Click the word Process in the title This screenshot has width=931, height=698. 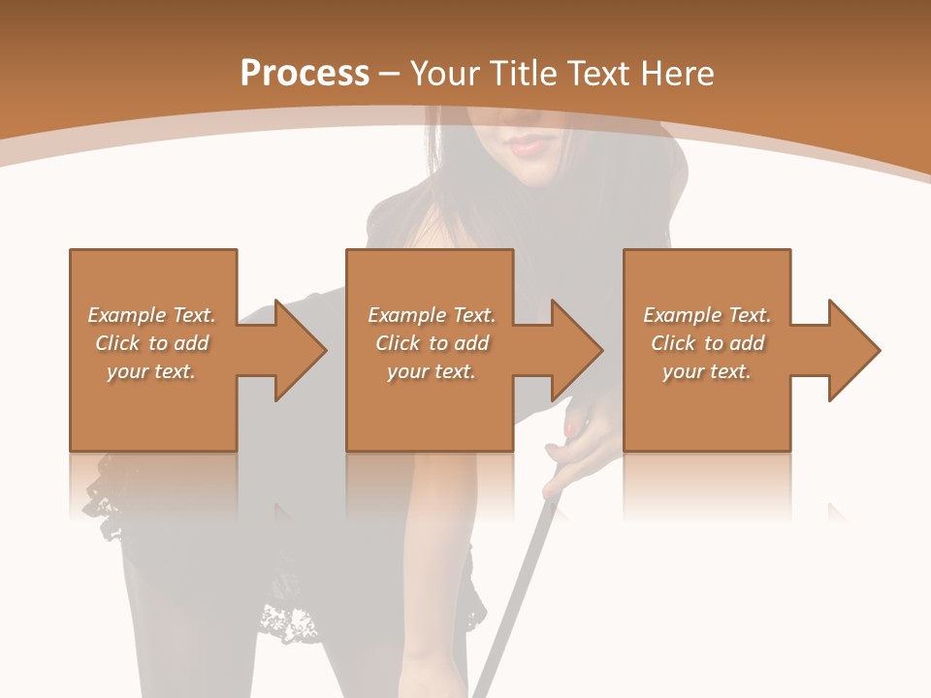305,74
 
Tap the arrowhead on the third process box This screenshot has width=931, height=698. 853,350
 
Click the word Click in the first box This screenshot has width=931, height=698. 116,343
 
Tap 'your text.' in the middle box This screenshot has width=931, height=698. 431,371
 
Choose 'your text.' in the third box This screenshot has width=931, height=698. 706,371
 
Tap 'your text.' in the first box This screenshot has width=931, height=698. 150,371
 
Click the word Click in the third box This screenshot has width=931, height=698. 673,343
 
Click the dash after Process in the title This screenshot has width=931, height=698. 390,74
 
